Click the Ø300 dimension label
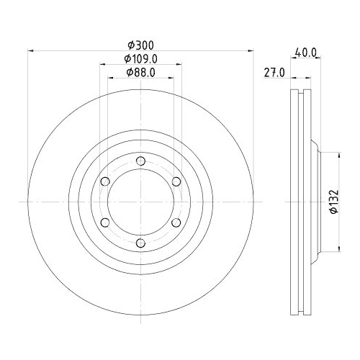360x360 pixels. (140, 45)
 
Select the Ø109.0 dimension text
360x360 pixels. (141, 59)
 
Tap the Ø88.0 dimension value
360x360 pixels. (141, 73)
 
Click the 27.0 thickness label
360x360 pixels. (274, 73)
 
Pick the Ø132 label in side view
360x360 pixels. (334, 202)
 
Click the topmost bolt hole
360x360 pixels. (140, 161)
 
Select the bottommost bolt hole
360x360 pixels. (140, 243)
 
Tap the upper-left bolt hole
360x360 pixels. (105, 181)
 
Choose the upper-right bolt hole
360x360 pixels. (176, 181)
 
